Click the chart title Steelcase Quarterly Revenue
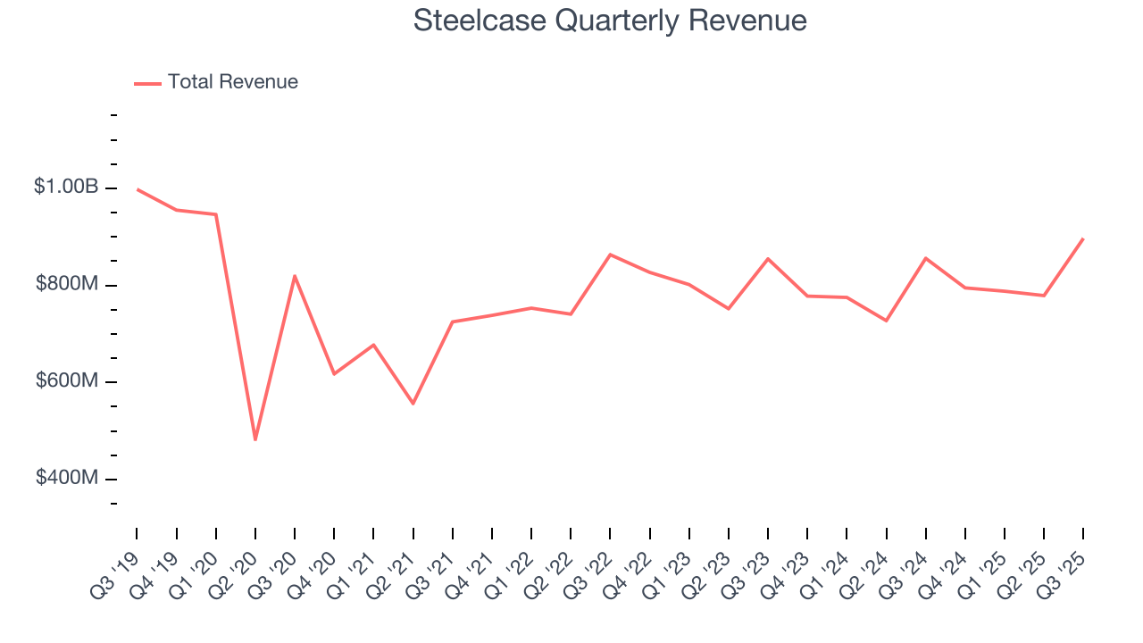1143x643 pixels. pos(610,21)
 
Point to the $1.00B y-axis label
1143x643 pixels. pos(66,188)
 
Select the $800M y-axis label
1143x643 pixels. pos(66,285)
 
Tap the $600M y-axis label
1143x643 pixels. pos(66,381)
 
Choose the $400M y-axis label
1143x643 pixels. pos(66,479)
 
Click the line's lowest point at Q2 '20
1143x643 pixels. pos(255,439)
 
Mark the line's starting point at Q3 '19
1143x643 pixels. pos(138,189)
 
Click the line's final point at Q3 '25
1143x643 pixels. pos(1083,238)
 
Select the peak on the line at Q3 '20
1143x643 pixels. pos(295,276)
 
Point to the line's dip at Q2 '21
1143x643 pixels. pos(413,404)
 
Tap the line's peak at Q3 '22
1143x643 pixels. pos(610,255)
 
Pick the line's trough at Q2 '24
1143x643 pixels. pos(886,321)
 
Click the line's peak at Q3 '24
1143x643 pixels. pos(926,258)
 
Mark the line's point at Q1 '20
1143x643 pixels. pos(216,214)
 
